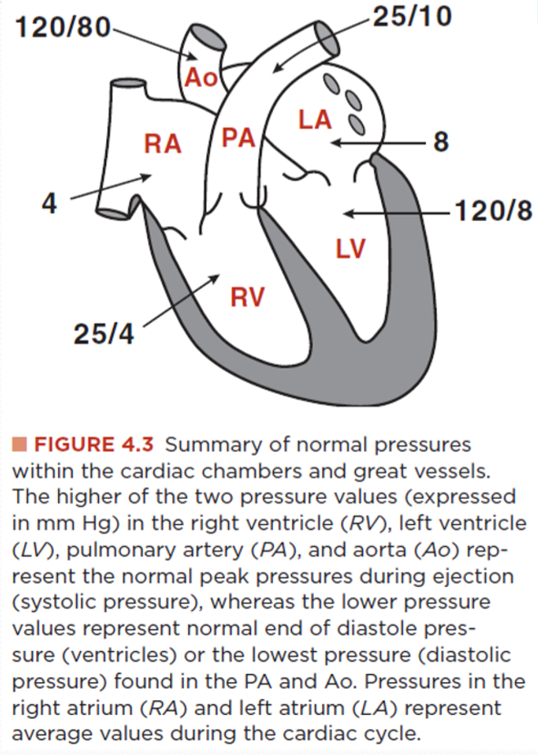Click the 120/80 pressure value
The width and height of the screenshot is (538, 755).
coord(63,27)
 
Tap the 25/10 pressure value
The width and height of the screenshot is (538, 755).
coord(412,16)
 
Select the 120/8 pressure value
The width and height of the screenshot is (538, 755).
coord(493,211)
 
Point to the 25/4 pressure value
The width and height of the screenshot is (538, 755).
coord(104,333)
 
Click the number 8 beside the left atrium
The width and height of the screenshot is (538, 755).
coord(441,142)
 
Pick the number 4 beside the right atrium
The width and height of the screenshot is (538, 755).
coord(49,203)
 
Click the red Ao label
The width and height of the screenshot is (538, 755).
coord(201,78)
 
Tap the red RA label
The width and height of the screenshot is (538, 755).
coord(163,143)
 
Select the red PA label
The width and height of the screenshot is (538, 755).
coord(238,138)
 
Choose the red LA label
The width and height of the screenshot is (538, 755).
coord(315,120)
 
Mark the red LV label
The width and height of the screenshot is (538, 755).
coord(351,248)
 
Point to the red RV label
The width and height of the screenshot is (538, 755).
coord(247,296)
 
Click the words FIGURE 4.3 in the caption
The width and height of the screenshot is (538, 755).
coord(94,445)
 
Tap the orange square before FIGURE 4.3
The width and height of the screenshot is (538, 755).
coord(20,445)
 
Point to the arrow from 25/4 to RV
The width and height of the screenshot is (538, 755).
coord(182,300)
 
